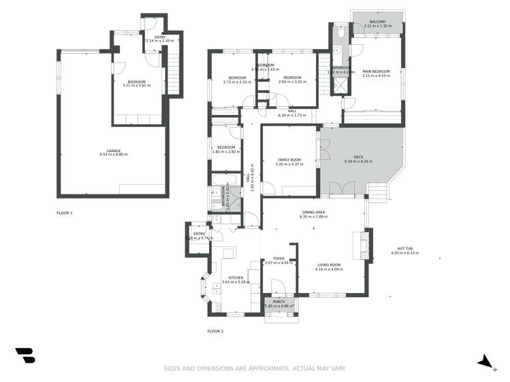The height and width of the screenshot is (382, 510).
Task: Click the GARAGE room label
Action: [113, 150]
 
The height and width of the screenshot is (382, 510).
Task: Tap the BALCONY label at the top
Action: [377, 22]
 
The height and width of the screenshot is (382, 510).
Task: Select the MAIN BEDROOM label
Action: [376, 71]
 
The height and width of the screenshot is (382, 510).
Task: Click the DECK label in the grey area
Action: [358, 157]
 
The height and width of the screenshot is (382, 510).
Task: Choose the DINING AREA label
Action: [313, 212]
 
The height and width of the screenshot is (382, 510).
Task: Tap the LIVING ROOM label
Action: [329, 265]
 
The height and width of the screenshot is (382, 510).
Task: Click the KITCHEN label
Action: [236, 277]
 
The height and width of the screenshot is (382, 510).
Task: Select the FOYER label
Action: [278, 258]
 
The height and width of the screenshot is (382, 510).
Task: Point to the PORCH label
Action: [278, 301]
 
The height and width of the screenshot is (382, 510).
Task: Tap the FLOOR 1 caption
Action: [65, 213]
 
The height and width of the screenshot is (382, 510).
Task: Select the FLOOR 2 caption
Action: [215, 331]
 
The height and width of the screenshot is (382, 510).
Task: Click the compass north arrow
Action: [485, 362]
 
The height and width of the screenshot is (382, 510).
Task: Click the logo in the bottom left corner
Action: [25, 355]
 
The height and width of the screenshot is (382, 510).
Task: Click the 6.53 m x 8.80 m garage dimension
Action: [113, 154]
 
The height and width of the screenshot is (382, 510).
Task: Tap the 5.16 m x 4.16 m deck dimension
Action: [358, 161]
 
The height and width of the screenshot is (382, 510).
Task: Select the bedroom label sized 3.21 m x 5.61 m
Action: [137, 82]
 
